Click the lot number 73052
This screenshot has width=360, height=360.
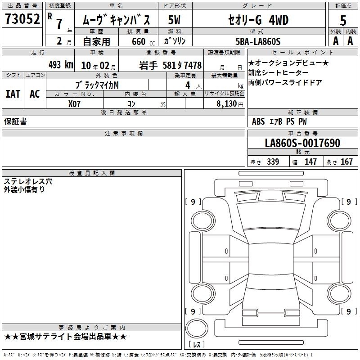22,18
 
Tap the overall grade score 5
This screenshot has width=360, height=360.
343,20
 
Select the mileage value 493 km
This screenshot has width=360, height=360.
61,65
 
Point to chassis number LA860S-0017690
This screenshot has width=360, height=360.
302,143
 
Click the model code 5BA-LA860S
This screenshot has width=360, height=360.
258,41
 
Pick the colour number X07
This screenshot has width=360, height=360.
74,104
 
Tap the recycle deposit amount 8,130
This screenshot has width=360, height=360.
226,103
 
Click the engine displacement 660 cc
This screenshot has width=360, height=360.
143,41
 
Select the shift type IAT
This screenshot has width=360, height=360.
13,94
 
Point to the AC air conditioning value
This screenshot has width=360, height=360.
35,94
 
